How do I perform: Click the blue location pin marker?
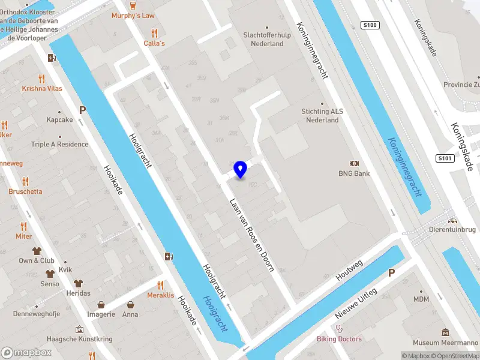(x=240, y=170)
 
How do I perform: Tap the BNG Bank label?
(x=353, y=173)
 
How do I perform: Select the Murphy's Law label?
(x=133, y=15)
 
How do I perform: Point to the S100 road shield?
(x=370, y=25)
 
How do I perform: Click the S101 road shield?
(x=443, y=158)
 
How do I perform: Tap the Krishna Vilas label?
(x=42, y=88)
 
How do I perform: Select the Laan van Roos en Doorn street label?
(x=252, y=235)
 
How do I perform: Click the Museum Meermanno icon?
(x=445, y=332)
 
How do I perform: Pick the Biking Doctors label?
(x=340, y=339)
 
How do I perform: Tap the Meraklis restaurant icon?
(x=160, y=285)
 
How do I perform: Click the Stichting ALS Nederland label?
(x=320, y=115)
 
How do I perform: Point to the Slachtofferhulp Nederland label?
(x=263, y=39)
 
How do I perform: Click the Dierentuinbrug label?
(x=452, y=229)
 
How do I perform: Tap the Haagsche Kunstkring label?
(x=79, y=339)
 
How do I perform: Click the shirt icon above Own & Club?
(x=37, y=251)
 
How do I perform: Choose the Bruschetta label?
(x=25, y=191)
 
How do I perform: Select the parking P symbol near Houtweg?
(x=391, y=272)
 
